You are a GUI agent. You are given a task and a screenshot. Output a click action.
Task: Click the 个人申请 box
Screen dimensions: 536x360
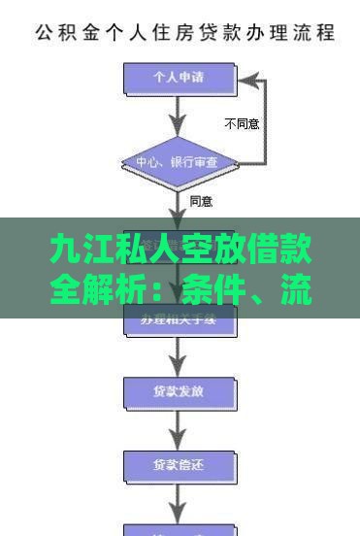click(180, 76)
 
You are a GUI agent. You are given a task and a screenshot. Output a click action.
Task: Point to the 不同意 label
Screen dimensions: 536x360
click(242, 124)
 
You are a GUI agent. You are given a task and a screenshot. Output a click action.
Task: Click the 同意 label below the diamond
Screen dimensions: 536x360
click(201, 202)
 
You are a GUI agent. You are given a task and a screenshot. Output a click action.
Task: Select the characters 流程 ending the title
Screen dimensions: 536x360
click(315, 32)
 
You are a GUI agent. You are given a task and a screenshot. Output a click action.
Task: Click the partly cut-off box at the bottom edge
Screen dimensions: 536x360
click(180, 529)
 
